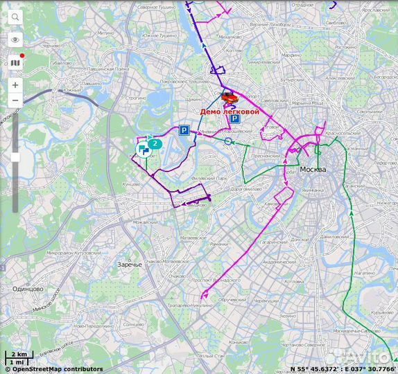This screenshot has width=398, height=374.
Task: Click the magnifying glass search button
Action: click(x=15, y=18)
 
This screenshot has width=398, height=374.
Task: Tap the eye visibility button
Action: click(x=15, y=40)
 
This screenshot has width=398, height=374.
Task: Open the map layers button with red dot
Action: click(x=15, y=63)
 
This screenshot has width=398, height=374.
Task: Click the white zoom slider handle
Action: click(x=15, y=158)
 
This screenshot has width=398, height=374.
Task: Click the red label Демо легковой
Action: click(x=230, y=111)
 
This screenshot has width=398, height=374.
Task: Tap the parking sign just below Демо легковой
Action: click(x=235, y=119)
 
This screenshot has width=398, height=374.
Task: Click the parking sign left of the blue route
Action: click(x=184, y=130)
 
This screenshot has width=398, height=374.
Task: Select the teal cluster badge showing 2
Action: click(x=155, y=144)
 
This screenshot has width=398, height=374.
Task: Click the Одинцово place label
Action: click(x=28, y=289)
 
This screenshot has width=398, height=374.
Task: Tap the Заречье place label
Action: click(x=130, y=265)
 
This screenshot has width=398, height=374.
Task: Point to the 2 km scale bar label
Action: click(x=18, y=355)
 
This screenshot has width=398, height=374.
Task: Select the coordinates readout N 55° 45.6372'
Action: click(x=315, y=369)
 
